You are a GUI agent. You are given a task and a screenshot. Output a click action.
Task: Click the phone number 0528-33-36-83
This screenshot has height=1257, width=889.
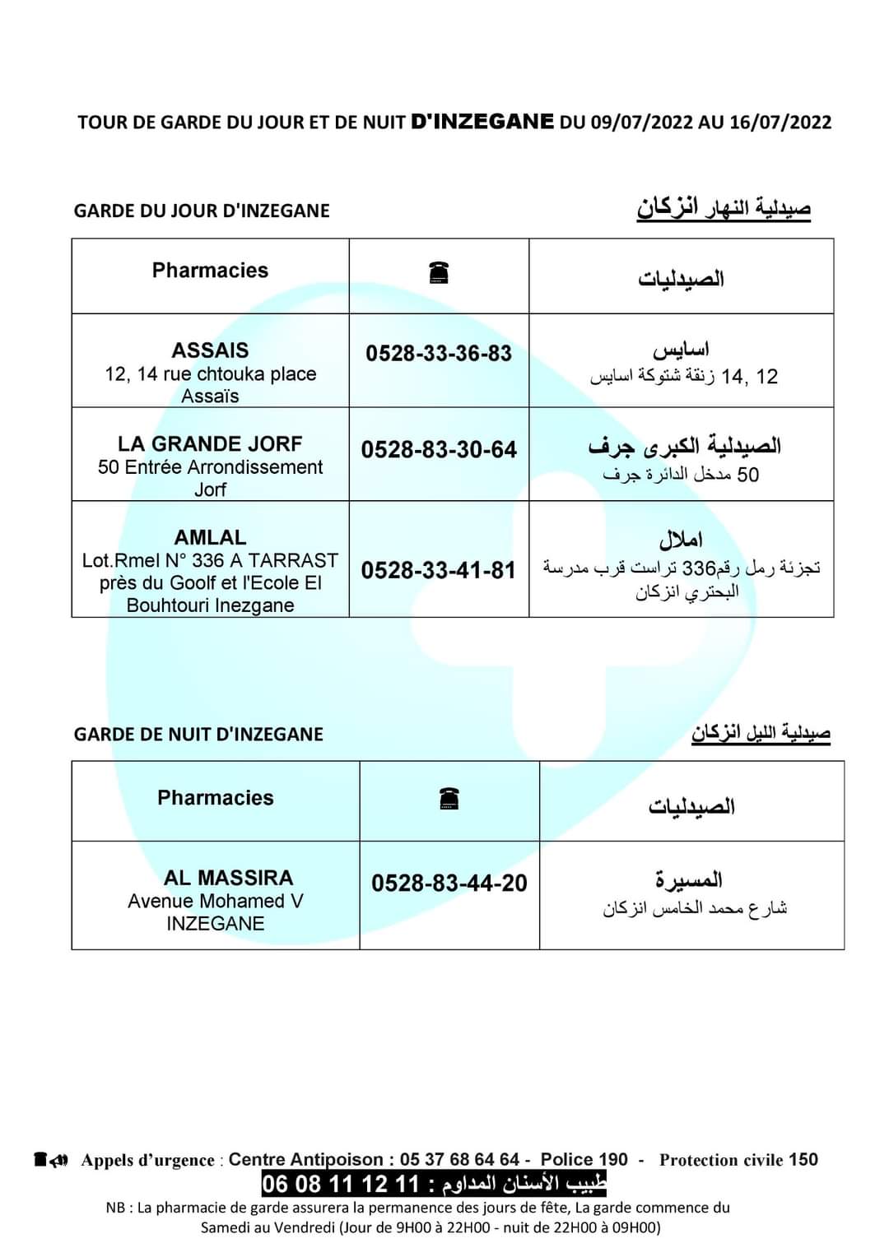tap(439, 354)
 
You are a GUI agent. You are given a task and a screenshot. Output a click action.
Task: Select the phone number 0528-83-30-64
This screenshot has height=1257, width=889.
tap(439, 450)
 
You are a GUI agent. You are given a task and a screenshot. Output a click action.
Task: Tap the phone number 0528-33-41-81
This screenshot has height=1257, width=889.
tap(439, 570)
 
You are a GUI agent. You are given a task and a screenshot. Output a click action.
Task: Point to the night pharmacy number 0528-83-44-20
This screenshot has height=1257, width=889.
tap(449, 884)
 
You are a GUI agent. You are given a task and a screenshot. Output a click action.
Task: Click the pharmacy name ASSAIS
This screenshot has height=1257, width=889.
tap(210, 350)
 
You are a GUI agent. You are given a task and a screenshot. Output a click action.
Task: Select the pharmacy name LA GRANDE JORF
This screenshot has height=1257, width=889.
tap(210, 444)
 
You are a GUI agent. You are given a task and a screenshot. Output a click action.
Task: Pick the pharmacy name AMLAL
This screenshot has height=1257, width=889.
tap(210, 538)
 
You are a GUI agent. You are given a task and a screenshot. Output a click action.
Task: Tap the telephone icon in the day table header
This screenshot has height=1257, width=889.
tap(439, 272)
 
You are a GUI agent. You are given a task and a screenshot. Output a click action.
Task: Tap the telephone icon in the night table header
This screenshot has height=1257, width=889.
tap(449, 798)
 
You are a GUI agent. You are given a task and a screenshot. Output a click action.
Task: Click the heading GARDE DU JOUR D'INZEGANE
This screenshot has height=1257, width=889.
tap(202, 211)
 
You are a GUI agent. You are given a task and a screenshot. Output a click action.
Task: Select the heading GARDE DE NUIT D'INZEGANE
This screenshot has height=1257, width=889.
tap(198, 735)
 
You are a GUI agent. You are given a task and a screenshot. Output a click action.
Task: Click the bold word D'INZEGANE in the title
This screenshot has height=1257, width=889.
tap(482, 122)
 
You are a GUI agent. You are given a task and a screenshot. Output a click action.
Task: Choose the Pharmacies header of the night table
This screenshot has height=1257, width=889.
tap(216, 798)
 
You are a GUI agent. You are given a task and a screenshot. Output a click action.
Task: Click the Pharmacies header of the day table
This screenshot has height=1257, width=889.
tap(210, 271)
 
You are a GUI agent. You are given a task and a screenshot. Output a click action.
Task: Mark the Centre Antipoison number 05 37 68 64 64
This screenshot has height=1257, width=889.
tap(459, 1160)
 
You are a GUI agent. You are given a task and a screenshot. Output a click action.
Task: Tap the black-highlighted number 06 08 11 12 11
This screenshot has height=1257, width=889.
tap(341, 1185)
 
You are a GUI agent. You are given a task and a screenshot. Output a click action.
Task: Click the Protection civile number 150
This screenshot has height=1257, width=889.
tap(803, 1160)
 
